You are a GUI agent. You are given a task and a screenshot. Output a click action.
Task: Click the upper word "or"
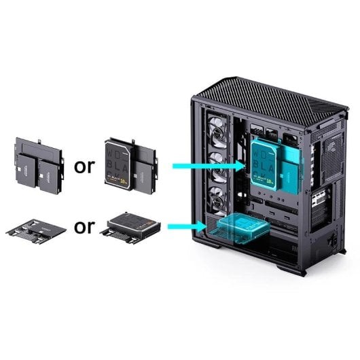pos(84,166)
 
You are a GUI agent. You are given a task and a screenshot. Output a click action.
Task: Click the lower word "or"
pos(84,226)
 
